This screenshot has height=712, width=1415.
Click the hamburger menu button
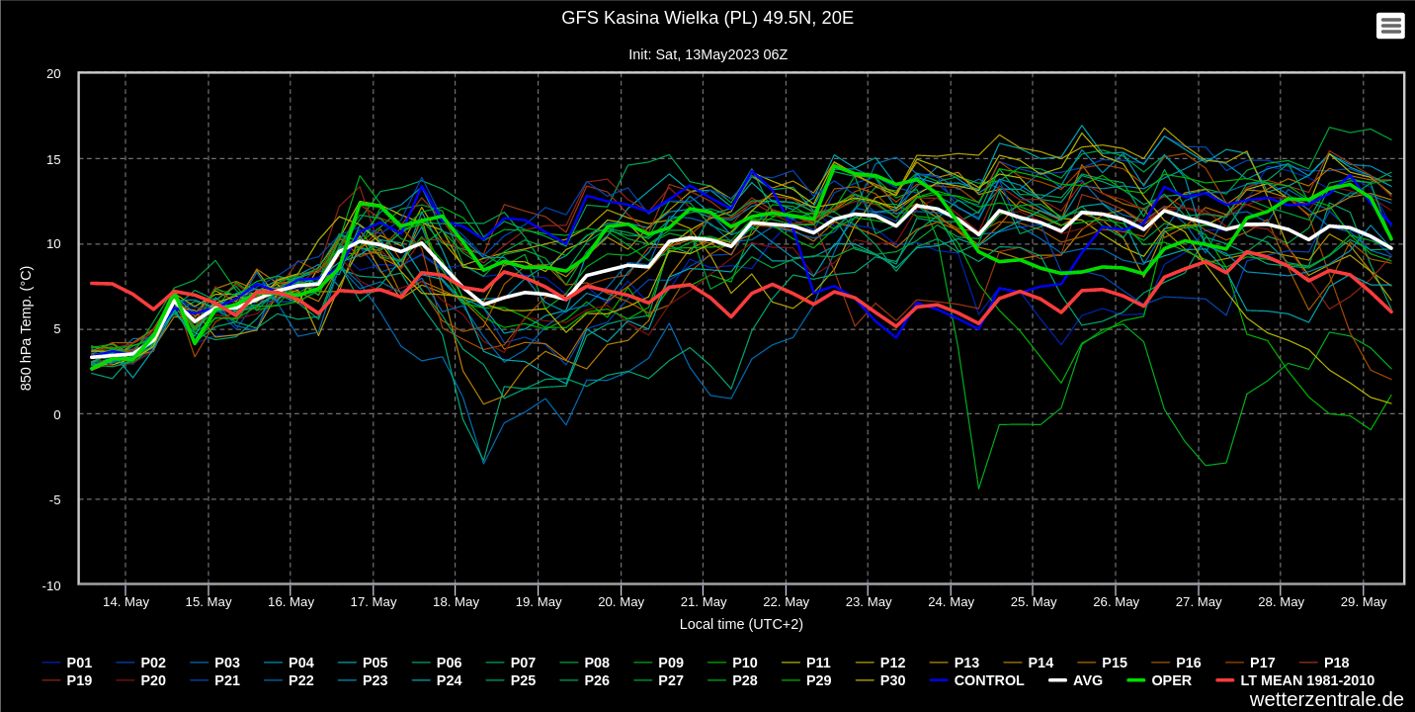pyautogui.click(x=1390, y=26)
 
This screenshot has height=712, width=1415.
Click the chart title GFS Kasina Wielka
pyautogui.click(x=707, y=18)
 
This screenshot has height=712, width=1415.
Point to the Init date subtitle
pyautogui.click(x=707, y=54)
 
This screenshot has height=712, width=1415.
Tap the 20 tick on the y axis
pyautogui.click(x=53, y=74)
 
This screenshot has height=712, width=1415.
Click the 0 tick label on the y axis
pyautogui.click(x=56, y=415)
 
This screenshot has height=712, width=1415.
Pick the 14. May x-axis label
pyautogui.click(x=125, y=602)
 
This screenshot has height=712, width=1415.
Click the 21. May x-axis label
pyautogui.click(x=704, y=602)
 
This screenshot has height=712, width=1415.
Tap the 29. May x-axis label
pyautogui.click(x=1363, y=602)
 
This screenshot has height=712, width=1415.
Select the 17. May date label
pyautogui.click(x=374, y=602)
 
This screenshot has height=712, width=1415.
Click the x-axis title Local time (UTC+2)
pyautogui.click(x=741, y=624)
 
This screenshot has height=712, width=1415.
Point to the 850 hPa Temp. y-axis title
pyautogui.click(x=27, y=328)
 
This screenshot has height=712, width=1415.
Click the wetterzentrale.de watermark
pyautogui.click(x=1326, y=699)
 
